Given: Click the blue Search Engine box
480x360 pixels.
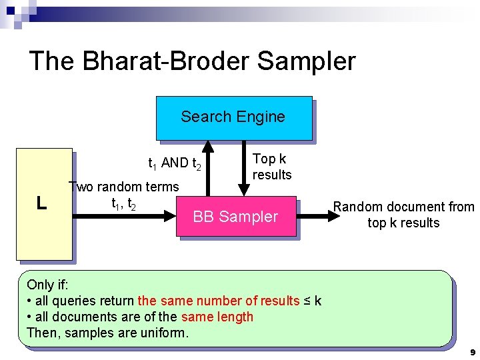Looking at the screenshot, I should [x=233, y=117].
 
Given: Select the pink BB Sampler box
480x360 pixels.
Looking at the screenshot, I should [x=235, y=217].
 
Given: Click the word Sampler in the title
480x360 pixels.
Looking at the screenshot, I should [x=306, y=61].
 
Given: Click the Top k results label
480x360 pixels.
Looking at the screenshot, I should [x=272, y=167].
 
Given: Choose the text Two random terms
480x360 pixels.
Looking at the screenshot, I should [x=125, y=187].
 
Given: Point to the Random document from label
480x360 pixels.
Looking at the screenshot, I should [x=403, y=207].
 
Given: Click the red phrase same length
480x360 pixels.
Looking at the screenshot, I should [x=217, y=317].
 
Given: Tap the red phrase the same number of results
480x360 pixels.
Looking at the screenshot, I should [x=219, y=301].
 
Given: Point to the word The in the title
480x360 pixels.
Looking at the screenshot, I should [x=53, y=61].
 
